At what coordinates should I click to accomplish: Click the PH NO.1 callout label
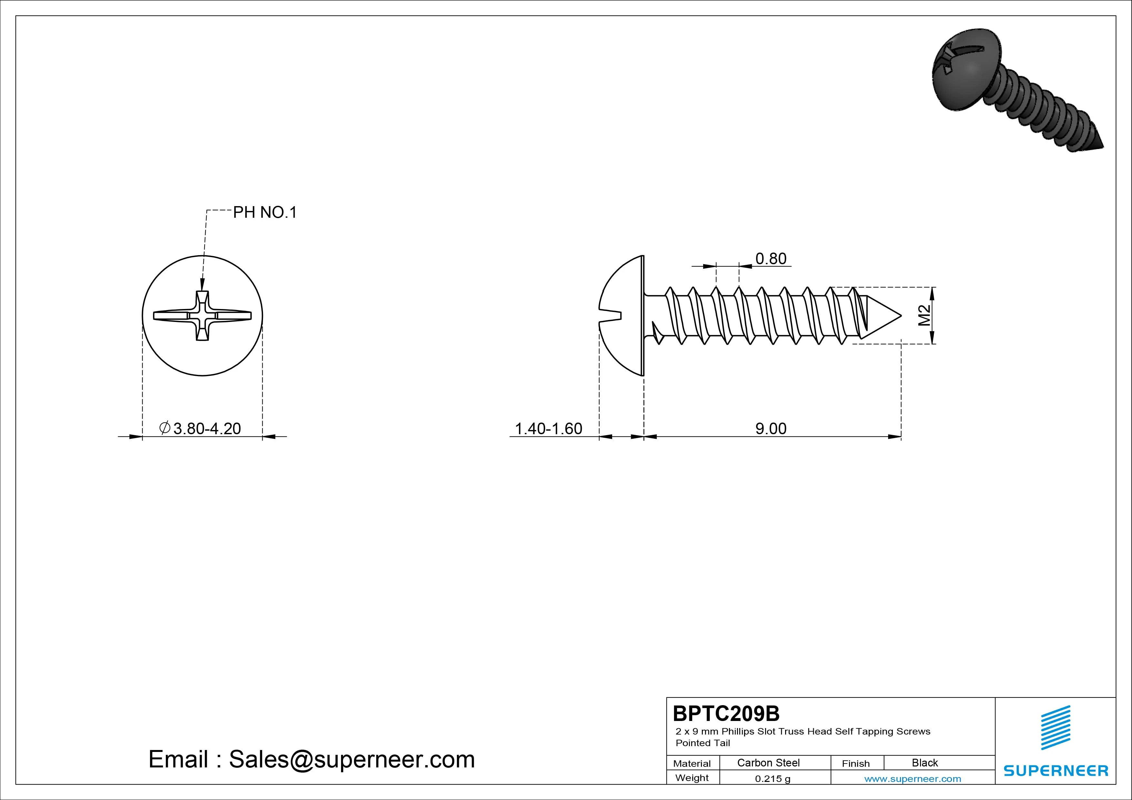point(265,213)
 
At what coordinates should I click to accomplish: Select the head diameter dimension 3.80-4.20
point(201,428)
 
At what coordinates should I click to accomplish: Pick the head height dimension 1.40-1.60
point(548,428)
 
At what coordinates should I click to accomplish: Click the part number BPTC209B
point(726,713)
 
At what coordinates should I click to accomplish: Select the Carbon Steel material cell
point(768,763)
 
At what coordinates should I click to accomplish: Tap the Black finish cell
point(925,763)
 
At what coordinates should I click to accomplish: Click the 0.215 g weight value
point(773,779)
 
